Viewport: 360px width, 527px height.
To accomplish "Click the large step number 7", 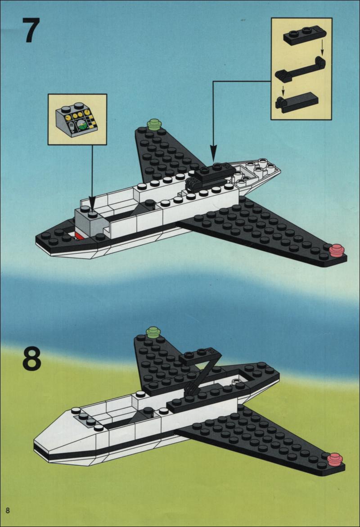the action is (31, 30).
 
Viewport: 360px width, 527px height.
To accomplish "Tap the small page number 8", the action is (7, 510).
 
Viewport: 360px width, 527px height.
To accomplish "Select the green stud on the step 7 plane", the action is (154, 124).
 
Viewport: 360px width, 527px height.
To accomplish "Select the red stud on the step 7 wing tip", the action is (337, 251).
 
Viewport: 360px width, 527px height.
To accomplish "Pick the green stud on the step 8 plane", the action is (153, 332).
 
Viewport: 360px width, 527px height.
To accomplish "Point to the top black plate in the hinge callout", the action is (305, 35).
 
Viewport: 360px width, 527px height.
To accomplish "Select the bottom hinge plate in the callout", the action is (297, 102).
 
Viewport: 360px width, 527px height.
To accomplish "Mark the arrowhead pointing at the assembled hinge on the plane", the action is (213, 153).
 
